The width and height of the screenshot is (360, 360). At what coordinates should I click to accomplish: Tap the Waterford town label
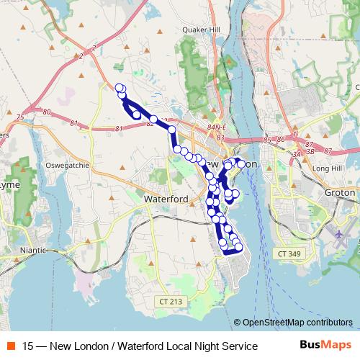coord(166,198)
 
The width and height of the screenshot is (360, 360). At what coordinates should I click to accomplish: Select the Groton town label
coord(341,193)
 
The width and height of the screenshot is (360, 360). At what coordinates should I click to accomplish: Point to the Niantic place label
coord(32,250)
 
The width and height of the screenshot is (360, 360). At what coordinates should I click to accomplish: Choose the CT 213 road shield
coord(171,301)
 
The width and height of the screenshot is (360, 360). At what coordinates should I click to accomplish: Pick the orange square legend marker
coord(11,346)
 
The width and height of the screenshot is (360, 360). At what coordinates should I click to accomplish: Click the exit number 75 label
coord(20,117)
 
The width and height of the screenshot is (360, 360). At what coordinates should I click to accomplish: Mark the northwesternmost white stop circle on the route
coord(120,87)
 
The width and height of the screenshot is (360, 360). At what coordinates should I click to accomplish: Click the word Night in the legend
coord(184,346)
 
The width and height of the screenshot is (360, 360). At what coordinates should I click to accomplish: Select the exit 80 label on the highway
coord(47,112)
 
